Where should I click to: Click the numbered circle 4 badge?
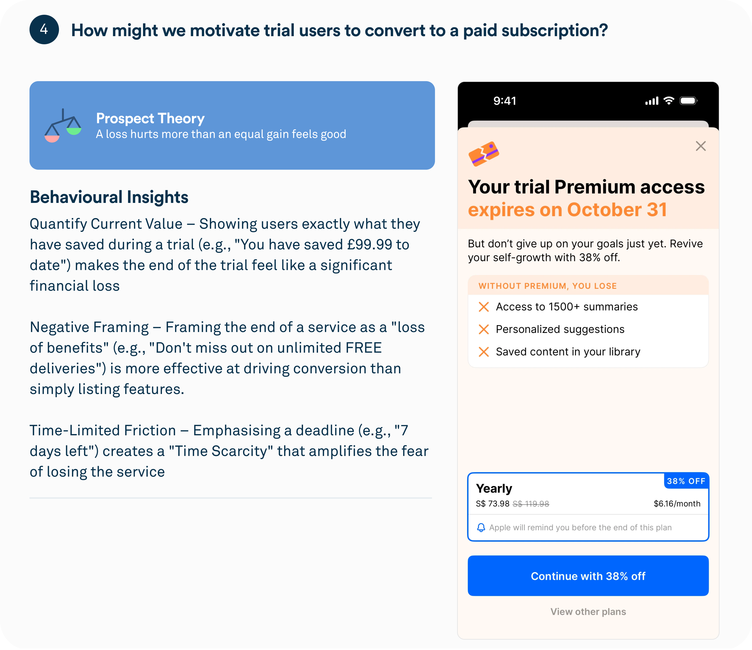coord(44,30)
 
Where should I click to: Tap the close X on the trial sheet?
coord(700,146)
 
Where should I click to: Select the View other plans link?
coord(588,611)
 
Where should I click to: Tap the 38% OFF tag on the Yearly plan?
coord(686,481)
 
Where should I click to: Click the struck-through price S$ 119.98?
coord(531,504)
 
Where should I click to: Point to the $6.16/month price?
coord(677,504)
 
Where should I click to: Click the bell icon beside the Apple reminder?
coord(481,528)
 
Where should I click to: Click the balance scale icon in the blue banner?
coord(63,126)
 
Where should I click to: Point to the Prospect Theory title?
coord(150,118)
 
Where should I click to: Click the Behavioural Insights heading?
coord(109,197)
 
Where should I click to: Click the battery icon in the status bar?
coord(689,101)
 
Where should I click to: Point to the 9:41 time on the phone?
coord(505,101)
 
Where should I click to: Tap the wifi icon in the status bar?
coord(668,101)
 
